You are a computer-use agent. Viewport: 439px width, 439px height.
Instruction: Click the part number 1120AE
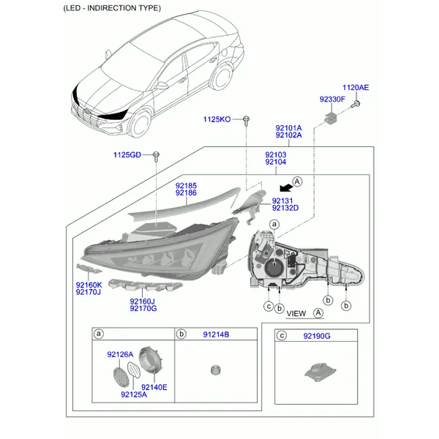(x=356, y=88)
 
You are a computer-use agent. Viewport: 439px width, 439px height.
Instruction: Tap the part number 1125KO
(x=217, y=119)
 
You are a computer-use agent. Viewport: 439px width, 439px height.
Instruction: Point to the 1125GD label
(x=127, y=154)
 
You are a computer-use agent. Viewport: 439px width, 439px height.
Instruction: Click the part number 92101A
(x=288, y=128)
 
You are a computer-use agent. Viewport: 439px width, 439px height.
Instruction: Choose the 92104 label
(x=276, y=163)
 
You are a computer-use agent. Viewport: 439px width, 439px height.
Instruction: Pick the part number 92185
(x=185, y=185)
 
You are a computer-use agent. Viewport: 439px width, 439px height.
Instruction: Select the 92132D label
(x=285, y=209)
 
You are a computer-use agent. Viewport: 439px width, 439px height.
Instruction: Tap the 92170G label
(x=143, y=308)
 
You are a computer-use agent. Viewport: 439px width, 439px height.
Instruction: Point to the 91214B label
(x=216, y=334)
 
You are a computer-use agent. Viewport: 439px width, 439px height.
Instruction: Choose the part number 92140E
(x=154, y=387)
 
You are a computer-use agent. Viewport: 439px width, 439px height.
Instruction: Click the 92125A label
(x=134, y=395)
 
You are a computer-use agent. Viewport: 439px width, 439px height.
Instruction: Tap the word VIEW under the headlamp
(x=296, y=313)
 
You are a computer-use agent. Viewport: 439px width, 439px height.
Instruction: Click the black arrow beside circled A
(x=282, y=188)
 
